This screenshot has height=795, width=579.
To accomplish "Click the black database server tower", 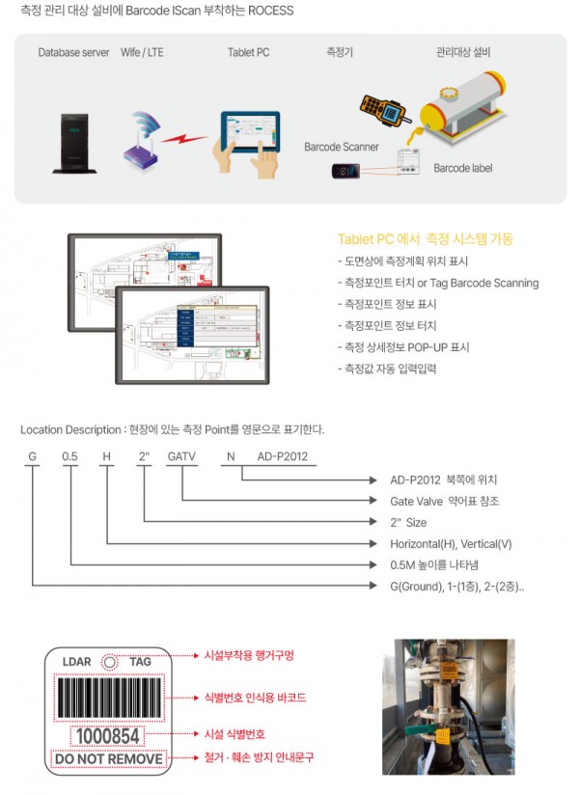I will tap(74, 141).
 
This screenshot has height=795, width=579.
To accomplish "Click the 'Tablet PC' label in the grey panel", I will tap(248, 52).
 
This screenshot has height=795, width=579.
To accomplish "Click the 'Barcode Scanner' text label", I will tap(342, 148).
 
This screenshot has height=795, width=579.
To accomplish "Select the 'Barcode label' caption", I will tap(462, 168).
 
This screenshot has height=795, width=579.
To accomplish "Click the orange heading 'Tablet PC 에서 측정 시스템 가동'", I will tap(426, 239).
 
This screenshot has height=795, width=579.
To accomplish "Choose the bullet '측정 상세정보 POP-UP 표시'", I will tap(394, 346).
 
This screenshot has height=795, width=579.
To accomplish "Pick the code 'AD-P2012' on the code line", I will tap(282, 456).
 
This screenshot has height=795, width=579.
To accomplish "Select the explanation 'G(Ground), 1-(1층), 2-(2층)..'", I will tap(457, 586).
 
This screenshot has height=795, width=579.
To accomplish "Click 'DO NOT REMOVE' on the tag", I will tap(108, 759).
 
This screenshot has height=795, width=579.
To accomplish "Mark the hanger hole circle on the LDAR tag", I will tap(109, 662).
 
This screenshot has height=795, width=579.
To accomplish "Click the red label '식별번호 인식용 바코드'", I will tap(255, 697).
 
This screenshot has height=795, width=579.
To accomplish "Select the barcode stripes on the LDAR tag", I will tap(108, 697).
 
